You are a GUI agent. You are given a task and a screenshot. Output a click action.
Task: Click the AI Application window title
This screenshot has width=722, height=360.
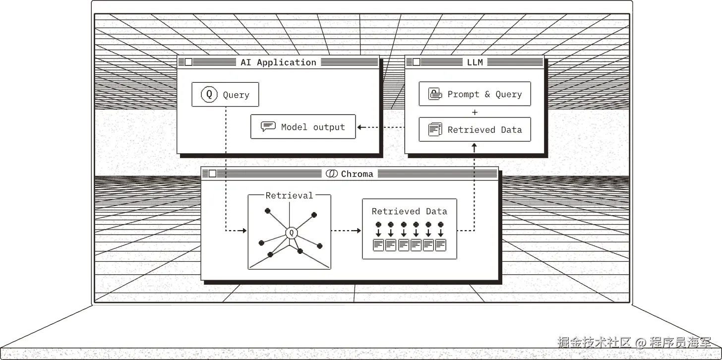(x=279, y=62)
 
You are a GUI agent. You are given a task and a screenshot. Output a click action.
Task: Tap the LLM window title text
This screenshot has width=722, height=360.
(x=475, y=62)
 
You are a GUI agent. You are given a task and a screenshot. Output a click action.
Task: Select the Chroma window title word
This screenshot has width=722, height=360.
(x=357, y=174)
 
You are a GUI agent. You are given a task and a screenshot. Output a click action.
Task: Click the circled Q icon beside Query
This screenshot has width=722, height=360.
(x=209, y=94)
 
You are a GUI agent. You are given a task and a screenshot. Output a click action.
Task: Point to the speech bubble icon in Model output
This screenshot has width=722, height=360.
(x=268, y=126)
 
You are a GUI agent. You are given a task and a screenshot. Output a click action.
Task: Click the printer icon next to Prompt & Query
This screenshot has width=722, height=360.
(x=435, y=94)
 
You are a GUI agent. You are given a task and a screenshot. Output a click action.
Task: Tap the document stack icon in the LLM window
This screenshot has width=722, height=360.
(x=435, y=129)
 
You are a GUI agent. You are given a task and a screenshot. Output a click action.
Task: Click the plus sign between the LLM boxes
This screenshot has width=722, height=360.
(x=475, y=112)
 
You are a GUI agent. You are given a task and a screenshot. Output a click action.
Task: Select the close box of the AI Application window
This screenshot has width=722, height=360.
(x=188, y=62)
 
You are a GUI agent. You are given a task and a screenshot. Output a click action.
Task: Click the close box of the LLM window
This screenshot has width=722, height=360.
(x=417, y=62)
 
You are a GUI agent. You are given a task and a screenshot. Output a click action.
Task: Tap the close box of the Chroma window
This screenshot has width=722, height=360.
(x=212, y=174)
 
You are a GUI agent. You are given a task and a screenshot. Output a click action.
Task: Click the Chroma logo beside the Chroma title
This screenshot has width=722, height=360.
(x=332, y=174)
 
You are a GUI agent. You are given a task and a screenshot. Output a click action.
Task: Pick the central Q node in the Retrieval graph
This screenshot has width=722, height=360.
(x=292, y=233)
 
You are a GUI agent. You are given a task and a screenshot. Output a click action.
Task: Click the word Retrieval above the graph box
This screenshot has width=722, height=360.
(x=289, y=195)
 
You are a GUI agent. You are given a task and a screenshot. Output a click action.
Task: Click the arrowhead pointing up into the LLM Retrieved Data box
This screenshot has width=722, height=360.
(x=474, y=146)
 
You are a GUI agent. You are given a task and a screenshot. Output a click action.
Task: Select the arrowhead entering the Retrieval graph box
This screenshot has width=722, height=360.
(x=244, y=231)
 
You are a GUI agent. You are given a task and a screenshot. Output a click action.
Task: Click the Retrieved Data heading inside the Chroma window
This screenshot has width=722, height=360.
(x=410, y=211)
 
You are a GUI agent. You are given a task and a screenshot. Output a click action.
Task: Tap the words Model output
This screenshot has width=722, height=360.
(x=313, y=127)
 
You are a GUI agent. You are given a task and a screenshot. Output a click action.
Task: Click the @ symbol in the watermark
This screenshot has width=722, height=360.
(x=640, y=342)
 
